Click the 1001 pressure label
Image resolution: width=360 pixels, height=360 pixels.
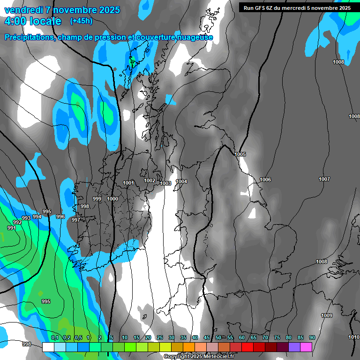[128, 183]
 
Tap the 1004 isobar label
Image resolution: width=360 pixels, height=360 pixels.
[181, 181]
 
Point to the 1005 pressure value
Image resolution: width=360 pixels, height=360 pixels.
[240, 154]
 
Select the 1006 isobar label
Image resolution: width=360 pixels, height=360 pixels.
[265, 180]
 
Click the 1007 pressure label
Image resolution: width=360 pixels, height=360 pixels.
[324, 179]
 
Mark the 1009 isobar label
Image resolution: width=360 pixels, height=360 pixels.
[327, 315]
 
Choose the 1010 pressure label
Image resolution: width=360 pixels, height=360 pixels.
[354, 337]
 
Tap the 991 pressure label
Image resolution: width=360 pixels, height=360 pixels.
[12, 228]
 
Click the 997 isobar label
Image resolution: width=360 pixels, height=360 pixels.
[75, 220]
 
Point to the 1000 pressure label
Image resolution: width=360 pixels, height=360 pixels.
[112, 199]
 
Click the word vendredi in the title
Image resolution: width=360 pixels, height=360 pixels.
[24, 10]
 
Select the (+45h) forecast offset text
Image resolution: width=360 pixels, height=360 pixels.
[81, 21]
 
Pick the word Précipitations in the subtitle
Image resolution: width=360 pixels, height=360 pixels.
[29, 37]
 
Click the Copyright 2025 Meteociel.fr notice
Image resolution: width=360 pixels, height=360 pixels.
[199, 357]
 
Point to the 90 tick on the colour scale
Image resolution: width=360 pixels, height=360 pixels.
[312, 337]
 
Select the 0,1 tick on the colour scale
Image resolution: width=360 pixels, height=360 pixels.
[55, 337]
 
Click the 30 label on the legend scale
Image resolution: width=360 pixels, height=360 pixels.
[172, 337]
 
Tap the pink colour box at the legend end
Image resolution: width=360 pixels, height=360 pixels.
[306, 347]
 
